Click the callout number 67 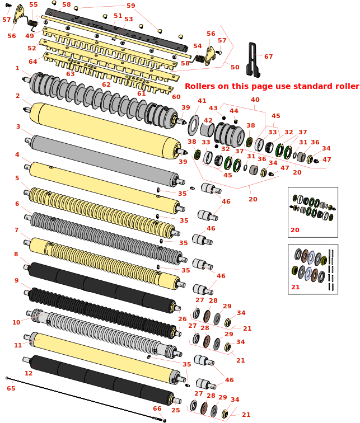(269, 57)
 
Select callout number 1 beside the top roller (17, 68)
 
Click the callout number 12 (29, 373)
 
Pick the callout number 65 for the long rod (11, 388)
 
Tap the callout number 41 (202, 101)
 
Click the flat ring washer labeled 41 (194, 125)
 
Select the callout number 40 (255, 100)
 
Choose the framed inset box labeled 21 (313, 269)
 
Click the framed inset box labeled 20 (313, 211)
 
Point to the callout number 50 (235, 67)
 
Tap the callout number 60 (176, 97)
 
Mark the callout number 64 (33, 62)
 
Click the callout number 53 (129, 19)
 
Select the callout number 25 (176, 410)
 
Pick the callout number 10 (16, 322)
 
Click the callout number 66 (157, 408)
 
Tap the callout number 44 (234, 111)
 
